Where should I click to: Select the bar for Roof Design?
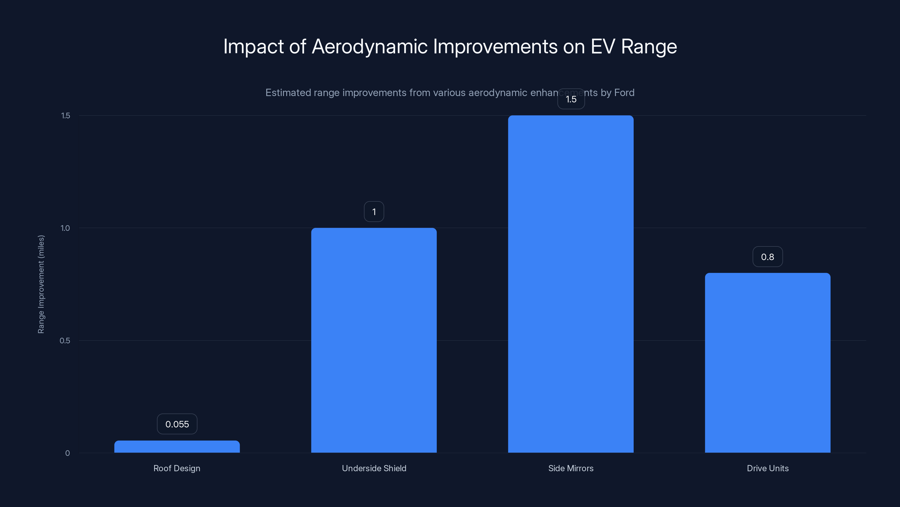(177, 447)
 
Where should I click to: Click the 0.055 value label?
(177, 424)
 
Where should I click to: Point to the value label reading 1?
(374, 212)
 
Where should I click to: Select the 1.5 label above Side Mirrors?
(571, 99)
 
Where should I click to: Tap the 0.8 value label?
(768, 257)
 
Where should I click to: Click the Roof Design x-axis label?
(177, 468)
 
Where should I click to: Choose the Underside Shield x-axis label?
(374, 468)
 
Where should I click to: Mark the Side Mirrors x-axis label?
(571, 468)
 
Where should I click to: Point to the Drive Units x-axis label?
(768, 468)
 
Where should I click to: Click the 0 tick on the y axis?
(67, 453)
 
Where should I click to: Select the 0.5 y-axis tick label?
(65, 341)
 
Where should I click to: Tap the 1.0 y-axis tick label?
(65, 228)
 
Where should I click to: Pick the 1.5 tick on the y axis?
(65, 115)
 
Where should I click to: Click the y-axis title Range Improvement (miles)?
(41, 284)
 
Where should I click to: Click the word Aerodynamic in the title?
(369, 46)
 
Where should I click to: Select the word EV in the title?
(603, 46)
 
